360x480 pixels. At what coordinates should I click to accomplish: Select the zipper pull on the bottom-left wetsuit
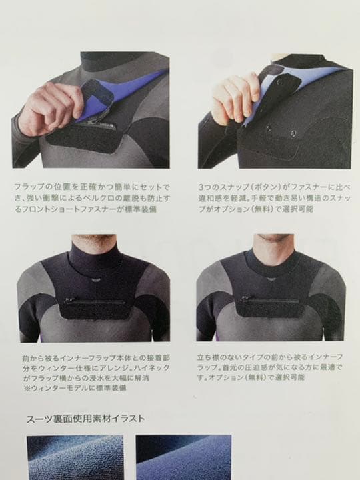(66, 301)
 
